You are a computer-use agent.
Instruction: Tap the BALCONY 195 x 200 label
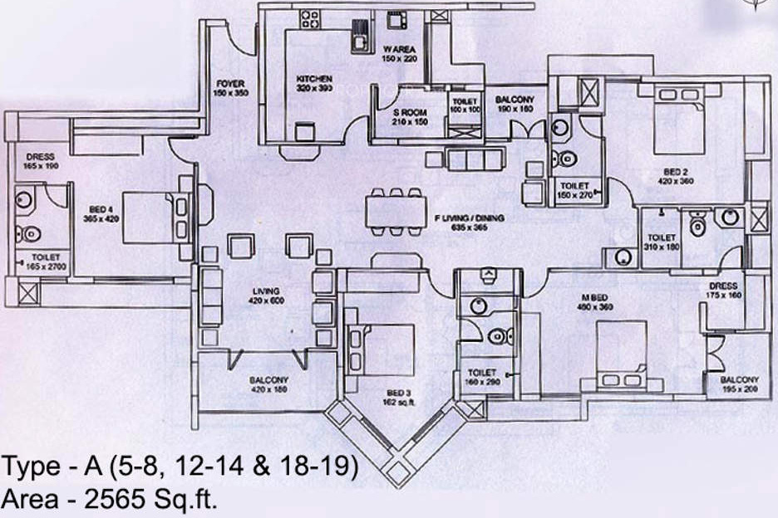coord(740,384)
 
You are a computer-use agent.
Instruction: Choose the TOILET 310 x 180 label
coord(661,242)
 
